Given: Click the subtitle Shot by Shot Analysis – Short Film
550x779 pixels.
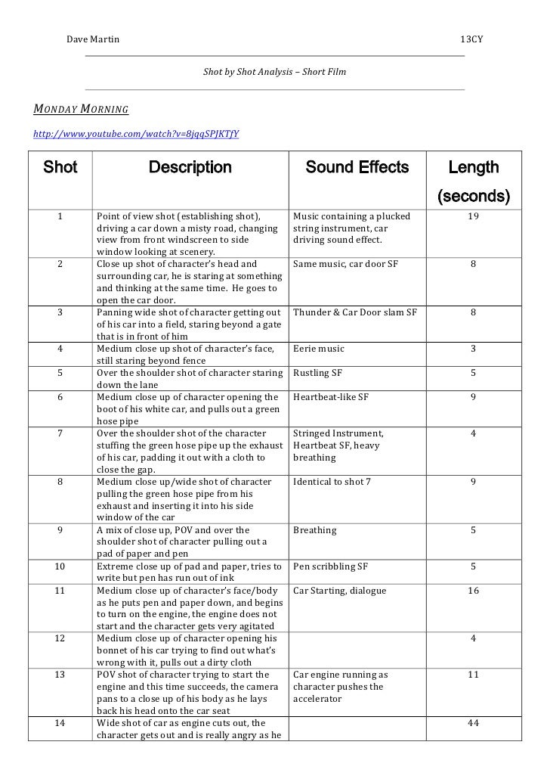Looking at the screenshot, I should (x=275, y=73).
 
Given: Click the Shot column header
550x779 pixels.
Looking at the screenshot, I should (x=60, y=167).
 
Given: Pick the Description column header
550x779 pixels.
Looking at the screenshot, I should (x=190, y=167).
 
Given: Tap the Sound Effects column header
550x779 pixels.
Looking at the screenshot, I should (x=357, y=167).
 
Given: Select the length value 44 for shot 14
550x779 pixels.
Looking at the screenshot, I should (x=473, y=723).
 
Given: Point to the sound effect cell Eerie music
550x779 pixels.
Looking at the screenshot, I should (x=318, y=349).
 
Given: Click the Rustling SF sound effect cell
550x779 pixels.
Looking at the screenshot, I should (x=317, y=373).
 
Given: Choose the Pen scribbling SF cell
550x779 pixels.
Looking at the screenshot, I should (x=330, y=566).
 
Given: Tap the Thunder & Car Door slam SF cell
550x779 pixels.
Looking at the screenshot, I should (x=354, y=312).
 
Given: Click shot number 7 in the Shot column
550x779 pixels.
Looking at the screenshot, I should (x=60, y=433).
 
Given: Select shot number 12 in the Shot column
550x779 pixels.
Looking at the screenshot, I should (x=60, y=638).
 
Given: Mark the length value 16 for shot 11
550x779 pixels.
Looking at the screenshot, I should (x=473, y=590).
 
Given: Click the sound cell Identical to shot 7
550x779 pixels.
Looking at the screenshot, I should (x=332, y=481).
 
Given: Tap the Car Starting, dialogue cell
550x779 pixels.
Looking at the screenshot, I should (x=339, y=590).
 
